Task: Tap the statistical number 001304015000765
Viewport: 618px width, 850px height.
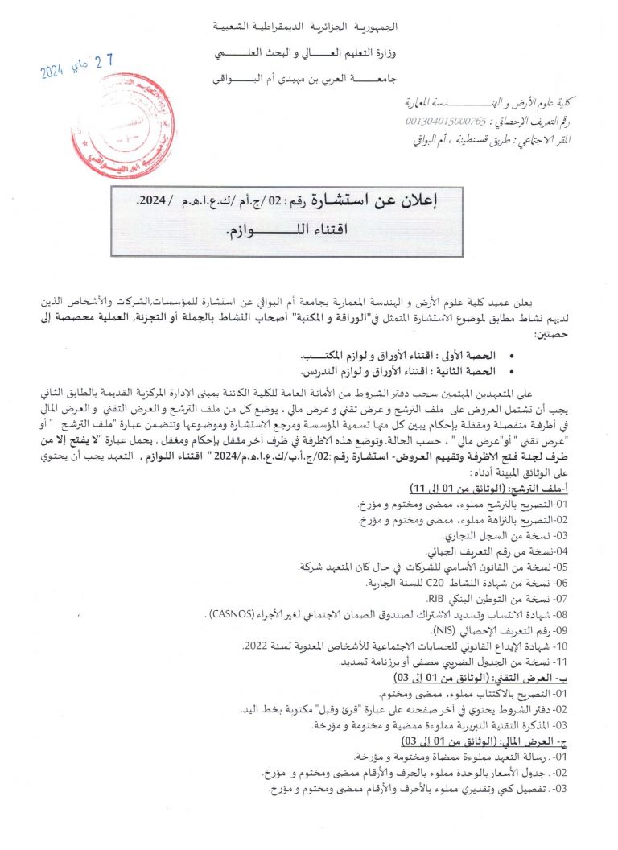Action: (x=447, y=121)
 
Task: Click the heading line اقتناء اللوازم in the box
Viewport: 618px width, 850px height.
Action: (x=286, y=232)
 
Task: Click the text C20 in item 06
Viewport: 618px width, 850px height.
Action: (x=435, y=583)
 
